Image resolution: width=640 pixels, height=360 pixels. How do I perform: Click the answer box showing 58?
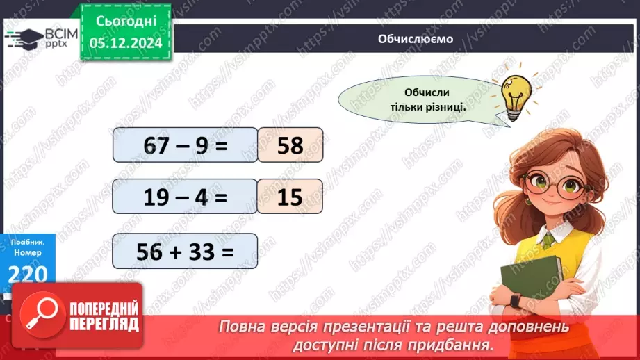(290, 145)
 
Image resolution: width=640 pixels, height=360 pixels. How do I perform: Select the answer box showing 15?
(290, 197)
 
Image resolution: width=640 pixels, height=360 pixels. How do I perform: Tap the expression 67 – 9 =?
(184, 145)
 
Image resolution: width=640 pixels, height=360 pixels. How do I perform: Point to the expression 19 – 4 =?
(184, 197)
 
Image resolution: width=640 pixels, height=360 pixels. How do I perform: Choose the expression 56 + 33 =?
(184, 251)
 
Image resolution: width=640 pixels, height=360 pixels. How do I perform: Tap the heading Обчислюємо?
(416, 39)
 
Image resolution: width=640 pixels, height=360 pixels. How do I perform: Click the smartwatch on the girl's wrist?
(514, 300)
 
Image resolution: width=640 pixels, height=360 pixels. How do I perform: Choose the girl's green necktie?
(548, 240)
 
